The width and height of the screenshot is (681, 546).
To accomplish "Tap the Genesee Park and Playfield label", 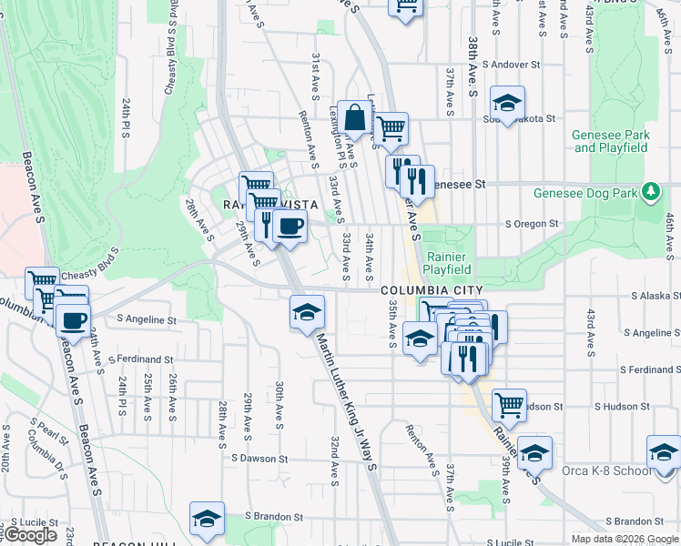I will click(611, 141).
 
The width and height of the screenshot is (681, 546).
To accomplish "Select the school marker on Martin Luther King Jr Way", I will click(308, 313).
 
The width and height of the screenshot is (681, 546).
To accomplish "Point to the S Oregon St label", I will click(532, 224).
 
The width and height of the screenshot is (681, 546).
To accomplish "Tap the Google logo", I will click(30, 535).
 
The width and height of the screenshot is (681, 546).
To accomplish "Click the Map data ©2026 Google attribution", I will click(625, 539).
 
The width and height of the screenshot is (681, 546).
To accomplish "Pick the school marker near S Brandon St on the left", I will click(207, 519).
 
